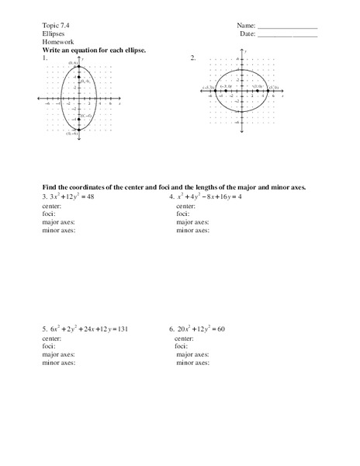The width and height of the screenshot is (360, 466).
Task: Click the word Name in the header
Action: (x=246, y=26)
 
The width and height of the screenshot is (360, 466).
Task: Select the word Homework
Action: (x=58, y=42)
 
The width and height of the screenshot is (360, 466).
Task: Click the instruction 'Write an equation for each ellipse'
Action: (x=95, y=50)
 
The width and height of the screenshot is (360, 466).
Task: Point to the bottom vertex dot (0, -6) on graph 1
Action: (x=78, y=130)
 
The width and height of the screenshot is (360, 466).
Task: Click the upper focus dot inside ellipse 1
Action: (x=78, y=77)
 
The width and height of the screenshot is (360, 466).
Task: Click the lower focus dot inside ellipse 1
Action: (x=78, y=120)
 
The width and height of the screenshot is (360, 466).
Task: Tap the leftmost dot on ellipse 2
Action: (x=213, y=91)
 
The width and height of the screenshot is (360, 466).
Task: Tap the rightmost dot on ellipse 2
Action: (x=268, y=91)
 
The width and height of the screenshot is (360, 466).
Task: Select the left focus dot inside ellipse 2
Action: (x=225, y=91)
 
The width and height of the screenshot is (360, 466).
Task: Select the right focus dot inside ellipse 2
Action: (x=257, y=91)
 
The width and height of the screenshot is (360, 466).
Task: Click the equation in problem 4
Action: (x=209, y=197)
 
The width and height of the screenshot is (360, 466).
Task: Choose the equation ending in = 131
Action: (x=89, y=329)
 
